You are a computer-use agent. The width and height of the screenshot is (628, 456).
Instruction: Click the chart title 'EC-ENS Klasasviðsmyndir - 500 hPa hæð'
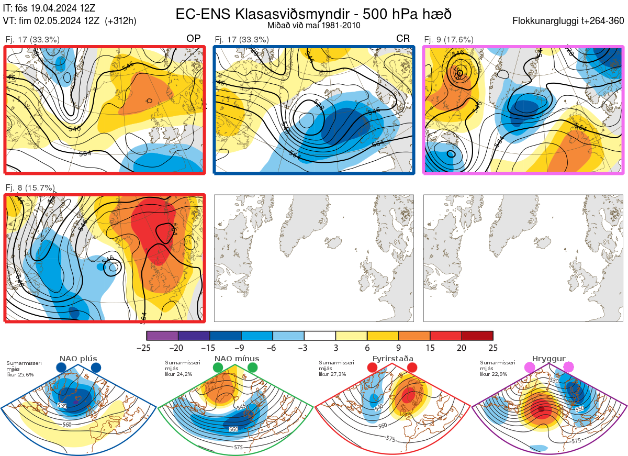[x=313, y=14]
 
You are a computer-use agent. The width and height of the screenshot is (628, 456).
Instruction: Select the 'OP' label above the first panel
[x=194, y=39]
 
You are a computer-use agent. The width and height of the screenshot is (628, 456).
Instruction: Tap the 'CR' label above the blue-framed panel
[x=403, y=39]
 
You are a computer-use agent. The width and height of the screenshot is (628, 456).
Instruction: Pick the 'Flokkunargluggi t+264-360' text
[x=569, y=21]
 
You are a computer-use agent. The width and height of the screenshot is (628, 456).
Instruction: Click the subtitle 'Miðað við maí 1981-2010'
[x=313, y=25]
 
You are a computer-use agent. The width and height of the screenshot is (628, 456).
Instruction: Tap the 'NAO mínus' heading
[x=237, y=359]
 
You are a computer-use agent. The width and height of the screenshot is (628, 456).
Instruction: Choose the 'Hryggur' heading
[x=549, y=359]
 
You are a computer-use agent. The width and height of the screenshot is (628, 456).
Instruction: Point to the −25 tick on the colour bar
[x=147, y=348]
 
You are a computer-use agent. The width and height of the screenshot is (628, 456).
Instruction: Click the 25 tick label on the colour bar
[x=493, y=348]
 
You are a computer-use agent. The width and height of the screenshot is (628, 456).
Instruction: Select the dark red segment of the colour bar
[x=477, y=336]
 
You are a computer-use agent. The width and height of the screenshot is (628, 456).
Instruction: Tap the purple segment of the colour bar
[x=162, y=336]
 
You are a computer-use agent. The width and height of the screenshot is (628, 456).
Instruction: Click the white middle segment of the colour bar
[x=320, y=336]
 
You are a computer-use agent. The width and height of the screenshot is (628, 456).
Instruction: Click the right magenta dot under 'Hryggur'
[x=568, y=368]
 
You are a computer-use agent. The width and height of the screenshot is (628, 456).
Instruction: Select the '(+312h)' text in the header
[x=121, y=21]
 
